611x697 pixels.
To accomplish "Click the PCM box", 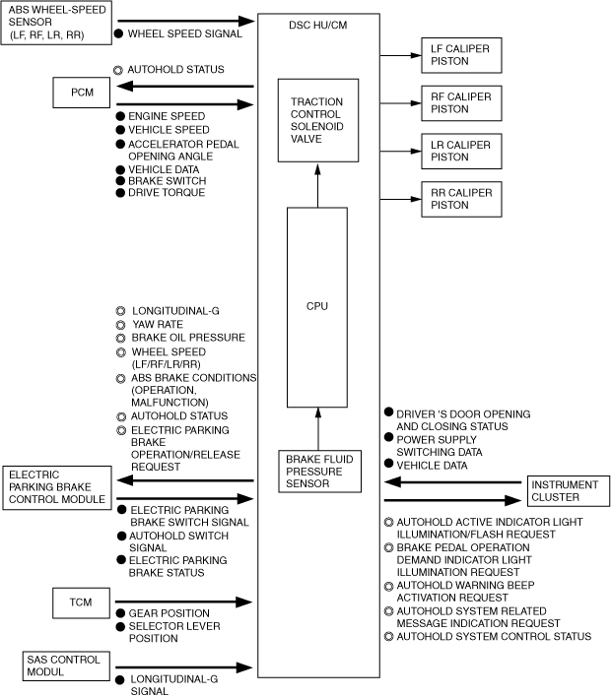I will point(81,93).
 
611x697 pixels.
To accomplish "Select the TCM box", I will point(81,600).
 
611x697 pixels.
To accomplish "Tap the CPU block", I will point(317,306).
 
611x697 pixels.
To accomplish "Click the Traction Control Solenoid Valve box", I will point(316,120).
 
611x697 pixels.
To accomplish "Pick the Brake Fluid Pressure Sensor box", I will point(317,469).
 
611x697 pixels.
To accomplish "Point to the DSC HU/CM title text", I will point(318,23).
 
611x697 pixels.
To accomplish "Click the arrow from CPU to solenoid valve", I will point(317,185).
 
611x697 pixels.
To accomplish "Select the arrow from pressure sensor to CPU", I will point(317,427).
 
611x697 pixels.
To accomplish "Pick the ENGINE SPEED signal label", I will point(166,116).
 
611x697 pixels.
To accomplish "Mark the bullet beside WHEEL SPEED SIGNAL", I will point(118,33).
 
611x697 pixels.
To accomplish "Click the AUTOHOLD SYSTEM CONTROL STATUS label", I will point(494,637).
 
